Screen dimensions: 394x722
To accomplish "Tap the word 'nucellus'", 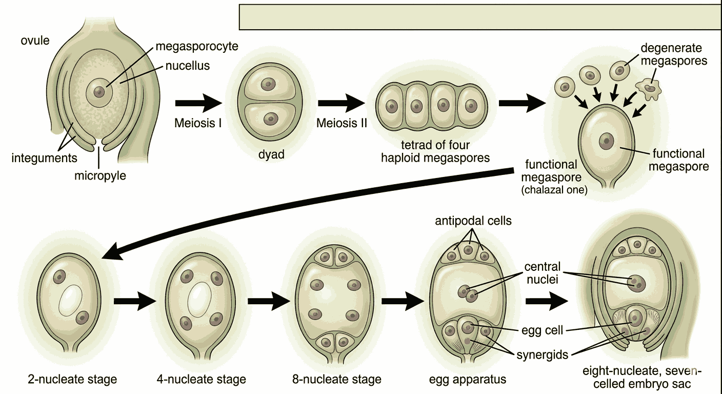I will coord(187,66).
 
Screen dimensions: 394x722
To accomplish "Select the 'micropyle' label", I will coord(100,175).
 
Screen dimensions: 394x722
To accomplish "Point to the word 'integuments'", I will coord(44,157).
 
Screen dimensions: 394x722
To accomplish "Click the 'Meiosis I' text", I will coord(197,123).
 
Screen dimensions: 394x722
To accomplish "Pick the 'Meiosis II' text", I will coord(342,123).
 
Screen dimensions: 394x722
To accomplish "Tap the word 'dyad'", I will coord(271,154).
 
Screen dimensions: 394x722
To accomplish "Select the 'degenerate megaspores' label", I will coord(674,54).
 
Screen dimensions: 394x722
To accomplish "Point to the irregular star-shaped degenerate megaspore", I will coord(650,89).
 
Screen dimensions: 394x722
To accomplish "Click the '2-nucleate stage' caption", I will coord(72,380).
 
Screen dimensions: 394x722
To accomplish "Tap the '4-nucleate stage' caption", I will coord(202,380).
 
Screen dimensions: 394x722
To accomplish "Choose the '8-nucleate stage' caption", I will coord(336,380).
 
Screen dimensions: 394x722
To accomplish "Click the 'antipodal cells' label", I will coord(473,221).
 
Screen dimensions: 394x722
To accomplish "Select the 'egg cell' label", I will coord(545,330).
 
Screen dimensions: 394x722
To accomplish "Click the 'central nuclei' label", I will coord(543,273).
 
